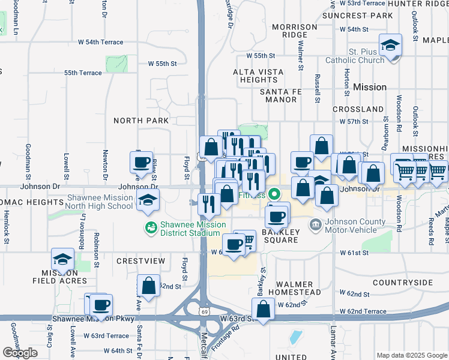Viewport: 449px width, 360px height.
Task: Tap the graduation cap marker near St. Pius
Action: (390, 46)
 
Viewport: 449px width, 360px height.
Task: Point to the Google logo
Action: (20, 353)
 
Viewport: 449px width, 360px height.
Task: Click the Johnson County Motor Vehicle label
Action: (355, 226)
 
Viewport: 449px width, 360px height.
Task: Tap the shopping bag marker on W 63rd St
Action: (263, 310)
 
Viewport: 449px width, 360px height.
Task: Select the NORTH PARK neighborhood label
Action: (142, 121)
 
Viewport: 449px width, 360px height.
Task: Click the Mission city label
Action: (370, 87)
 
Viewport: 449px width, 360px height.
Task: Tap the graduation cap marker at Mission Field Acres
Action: (62, 259)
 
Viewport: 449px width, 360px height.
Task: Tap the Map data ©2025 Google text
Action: (411, 355)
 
